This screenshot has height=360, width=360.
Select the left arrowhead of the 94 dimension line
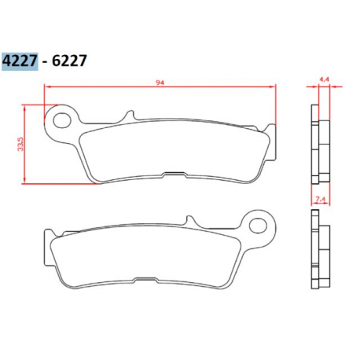[48, 87]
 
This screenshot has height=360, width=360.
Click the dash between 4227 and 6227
[46, 61]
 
